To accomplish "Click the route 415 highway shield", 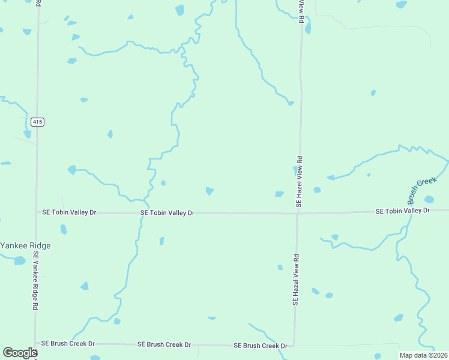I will point(37,122).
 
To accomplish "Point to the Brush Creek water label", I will point(420,189).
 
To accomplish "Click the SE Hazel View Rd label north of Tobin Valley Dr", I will point(299,182).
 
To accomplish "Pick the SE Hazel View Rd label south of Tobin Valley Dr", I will point(295,280).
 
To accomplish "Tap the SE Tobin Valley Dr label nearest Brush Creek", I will point(403,211).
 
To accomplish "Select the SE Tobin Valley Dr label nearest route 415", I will point(69,212).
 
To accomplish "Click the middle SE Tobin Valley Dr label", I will point(167,213).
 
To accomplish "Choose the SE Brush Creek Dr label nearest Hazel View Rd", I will point(261,346).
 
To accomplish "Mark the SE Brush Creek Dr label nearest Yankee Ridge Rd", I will point(68,344).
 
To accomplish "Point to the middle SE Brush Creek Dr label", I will point(164,344).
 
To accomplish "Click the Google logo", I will point(20,353).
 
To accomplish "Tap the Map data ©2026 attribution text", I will point(424,355).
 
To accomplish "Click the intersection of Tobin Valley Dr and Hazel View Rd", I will point(297,213).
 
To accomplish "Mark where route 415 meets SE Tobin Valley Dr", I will point(37,212).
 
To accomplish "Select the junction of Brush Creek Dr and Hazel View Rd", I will point(295,346).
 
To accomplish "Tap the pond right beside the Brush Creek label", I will point(429,199).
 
